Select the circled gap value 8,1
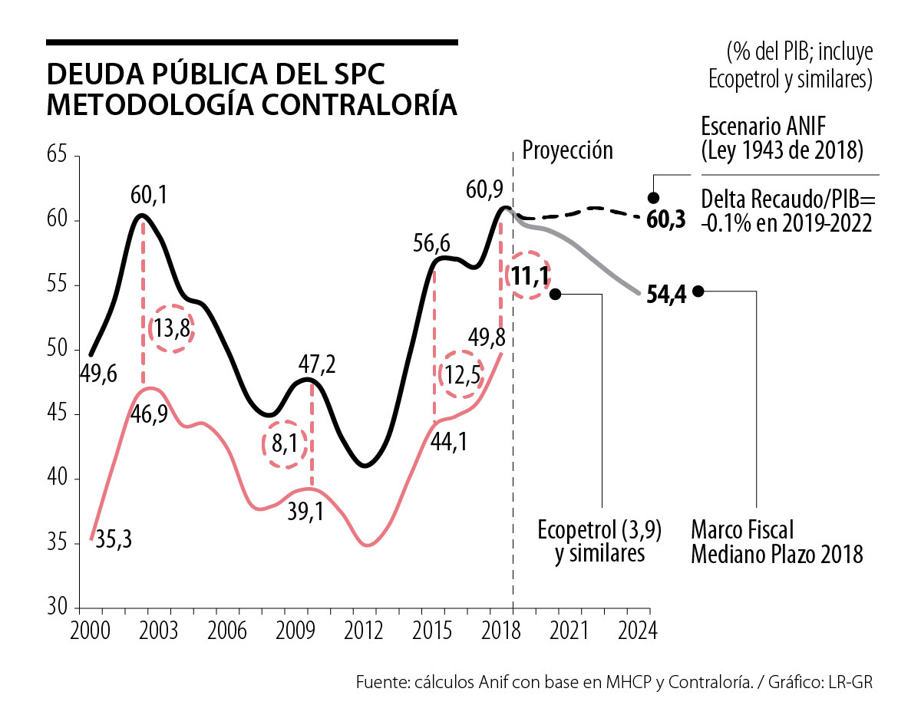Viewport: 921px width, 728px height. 284,444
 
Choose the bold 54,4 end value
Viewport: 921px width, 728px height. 665,296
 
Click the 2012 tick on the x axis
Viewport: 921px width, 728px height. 364,632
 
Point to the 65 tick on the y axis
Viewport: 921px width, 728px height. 58,156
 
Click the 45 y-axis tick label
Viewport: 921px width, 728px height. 58,415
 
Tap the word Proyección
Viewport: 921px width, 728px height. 568,150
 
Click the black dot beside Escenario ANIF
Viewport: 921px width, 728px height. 654,197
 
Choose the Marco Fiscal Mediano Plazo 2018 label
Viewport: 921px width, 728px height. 777,542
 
